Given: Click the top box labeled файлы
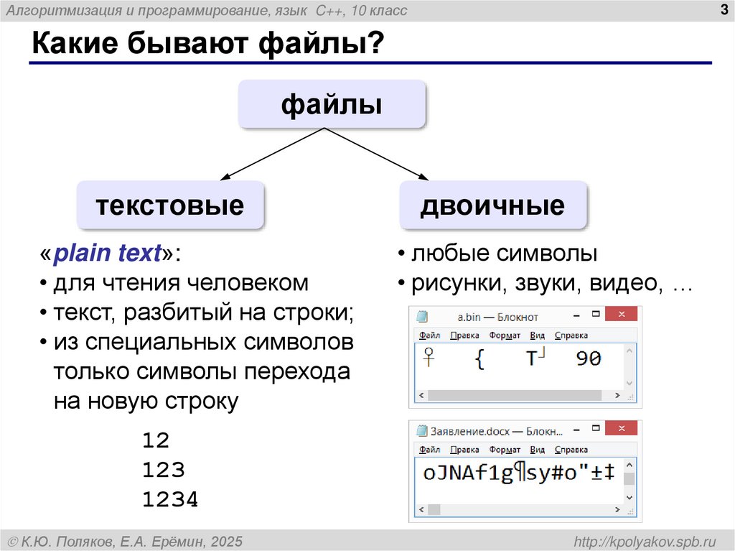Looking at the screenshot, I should [332, 106].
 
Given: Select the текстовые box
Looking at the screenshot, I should [170, 206].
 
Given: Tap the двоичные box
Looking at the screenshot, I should [492, 206].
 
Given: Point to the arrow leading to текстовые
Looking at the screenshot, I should [273, 154].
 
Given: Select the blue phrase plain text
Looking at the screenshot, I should [108, 254].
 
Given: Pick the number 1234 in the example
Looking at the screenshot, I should [170, 500].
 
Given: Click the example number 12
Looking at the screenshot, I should [156, 440].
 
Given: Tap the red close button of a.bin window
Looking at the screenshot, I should [622, 315].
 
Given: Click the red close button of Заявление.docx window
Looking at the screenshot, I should [622, 430].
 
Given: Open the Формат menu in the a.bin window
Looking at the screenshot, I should [505, 335].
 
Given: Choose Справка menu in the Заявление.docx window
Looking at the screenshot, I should [571, 450].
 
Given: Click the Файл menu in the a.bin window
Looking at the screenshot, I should [429, 335].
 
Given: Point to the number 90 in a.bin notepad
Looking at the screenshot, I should [589, 358].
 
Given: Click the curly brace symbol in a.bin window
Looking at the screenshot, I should [479, 359].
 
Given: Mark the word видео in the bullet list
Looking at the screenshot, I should [624, 283].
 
